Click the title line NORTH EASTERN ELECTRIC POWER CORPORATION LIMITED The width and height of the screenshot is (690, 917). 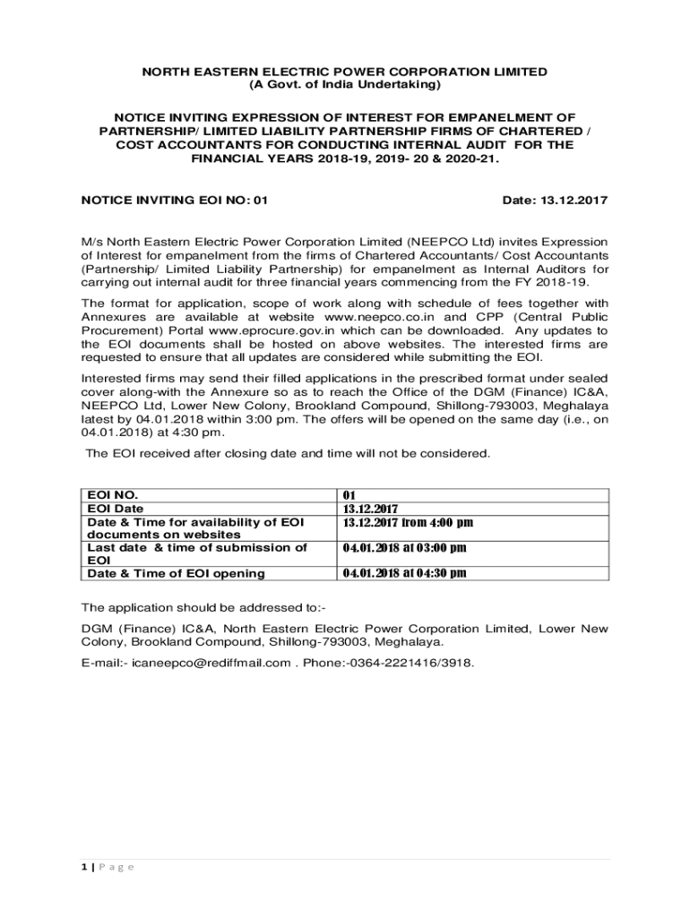(x=345, y=71)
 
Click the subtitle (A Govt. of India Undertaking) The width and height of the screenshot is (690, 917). (x=345, y=84)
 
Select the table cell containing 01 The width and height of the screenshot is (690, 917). (x=350, y=495)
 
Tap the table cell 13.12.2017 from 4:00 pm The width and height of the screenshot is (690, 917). (x=408, y=522)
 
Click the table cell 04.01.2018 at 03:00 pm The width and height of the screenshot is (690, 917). (x=404, y=547)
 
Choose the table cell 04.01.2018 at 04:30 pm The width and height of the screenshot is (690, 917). (x=404, y=573)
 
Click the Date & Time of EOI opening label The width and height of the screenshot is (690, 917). (x=175, y=573)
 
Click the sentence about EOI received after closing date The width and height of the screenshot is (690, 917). (x=288, y=453)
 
